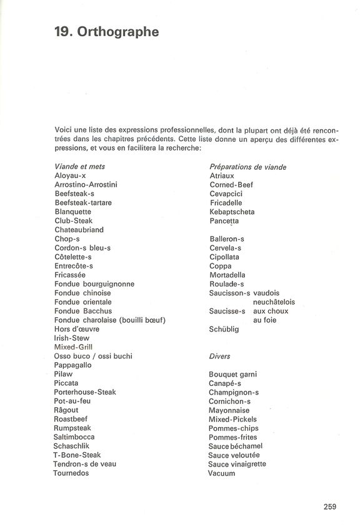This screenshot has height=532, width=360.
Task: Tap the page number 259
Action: pos(331,506)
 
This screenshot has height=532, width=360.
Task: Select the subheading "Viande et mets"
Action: pos(80,167)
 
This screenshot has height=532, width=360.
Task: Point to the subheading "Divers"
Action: pos(220,356)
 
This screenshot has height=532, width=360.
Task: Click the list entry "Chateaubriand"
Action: pos(79,230)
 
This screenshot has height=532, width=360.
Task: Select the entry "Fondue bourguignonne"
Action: pos(94,283)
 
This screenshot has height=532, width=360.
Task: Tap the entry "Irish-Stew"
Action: pos(72,338)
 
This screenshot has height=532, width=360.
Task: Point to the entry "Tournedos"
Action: pos(72,473)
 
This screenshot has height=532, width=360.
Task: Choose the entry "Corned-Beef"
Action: pos(231,185)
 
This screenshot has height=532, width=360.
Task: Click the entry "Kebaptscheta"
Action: pos(232,212)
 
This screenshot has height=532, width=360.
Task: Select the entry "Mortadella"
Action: pos(227,275)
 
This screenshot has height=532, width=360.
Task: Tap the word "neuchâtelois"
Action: pos(274,302)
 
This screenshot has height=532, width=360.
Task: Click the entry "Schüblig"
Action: pos(224,329)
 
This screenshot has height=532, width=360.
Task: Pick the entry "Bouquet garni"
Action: pos(234,375)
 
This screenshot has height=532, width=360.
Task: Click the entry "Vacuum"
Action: pos(222,473)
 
